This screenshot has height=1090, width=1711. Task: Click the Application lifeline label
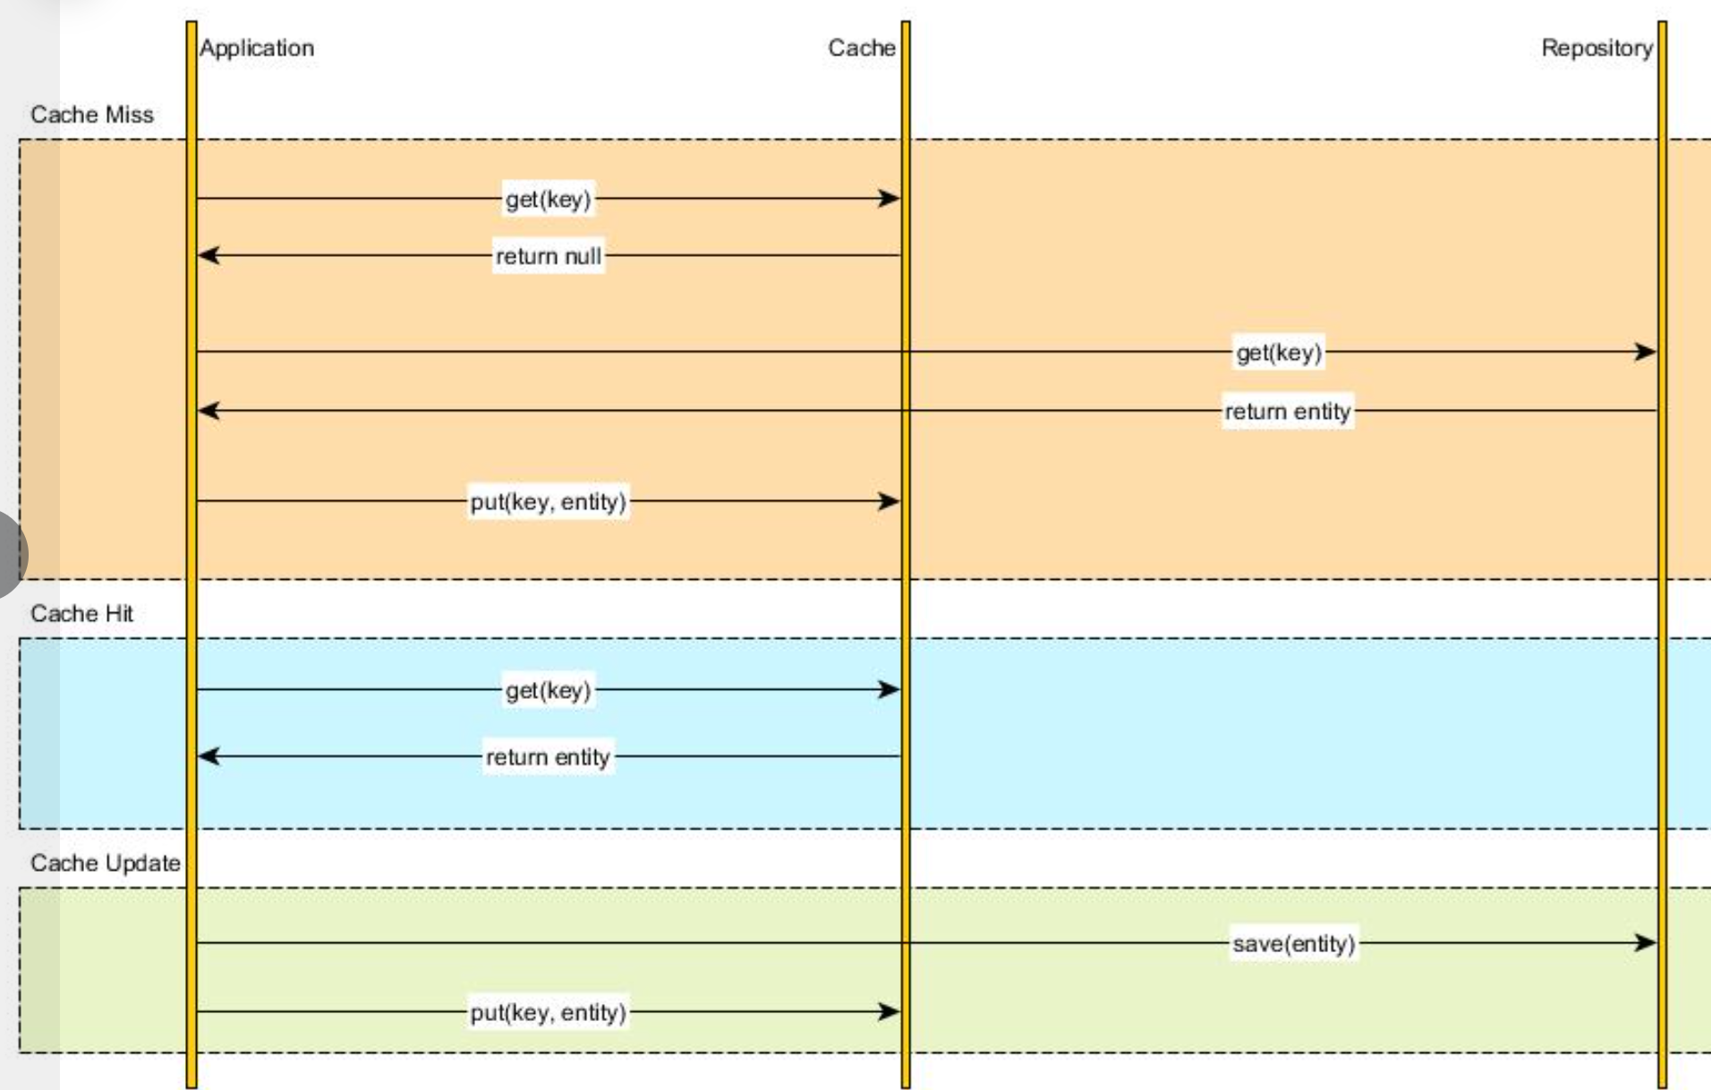coord(257,48)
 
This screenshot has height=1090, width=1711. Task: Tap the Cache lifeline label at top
coord(861,47)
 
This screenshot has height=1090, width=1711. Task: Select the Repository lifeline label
coord(1596,48)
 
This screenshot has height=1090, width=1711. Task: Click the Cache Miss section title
coord(92,115)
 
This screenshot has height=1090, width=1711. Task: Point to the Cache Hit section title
coord(81,613)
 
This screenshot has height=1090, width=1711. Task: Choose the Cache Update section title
coord(106,863)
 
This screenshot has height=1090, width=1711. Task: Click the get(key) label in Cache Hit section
coord(548,690)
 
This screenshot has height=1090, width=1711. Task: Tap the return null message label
coord(549,256)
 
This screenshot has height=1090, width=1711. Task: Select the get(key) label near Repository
coord(1279,353)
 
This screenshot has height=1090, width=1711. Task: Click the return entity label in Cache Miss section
coord(1288,412)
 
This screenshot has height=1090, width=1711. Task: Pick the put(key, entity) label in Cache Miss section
coord(548,501)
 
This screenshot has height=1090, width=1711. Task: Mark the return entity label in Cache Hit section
coord(548,757)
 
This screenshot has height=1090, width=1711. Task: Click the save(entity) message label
coord(1294,943)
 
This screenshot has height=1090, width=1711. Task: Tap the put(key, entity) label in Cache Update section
coord(548,1012)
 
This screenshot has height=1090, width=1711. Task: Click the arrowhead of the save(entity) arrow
coord(1645,942)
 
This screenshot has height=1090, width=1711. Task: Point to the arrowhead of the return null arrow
coord(209,255)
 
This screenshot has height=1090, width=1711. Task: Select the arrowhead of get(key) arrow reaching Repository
coord(1645,352)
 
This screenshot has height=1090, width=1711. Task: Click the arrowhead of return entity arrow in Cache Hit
coord(209,756)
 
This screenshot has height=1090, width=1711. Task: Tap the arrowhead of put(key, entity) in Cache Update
coord(889,1011)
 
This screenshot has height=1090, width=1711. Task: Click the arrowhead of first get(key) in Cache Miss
coord(889,198)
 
